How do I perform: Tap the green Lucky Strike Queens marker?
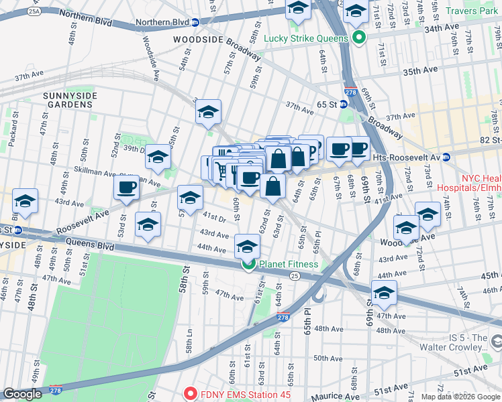point(358,38)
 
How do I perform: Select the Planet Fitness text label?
point(289,264)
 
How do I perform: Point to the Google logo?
point(22,394)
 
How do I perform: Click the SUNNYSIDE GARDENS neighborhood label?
point(70,101)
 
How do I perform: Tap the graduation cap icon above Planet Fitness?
point(247,247)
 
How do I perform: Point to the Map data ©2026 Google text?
point(460,397)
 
